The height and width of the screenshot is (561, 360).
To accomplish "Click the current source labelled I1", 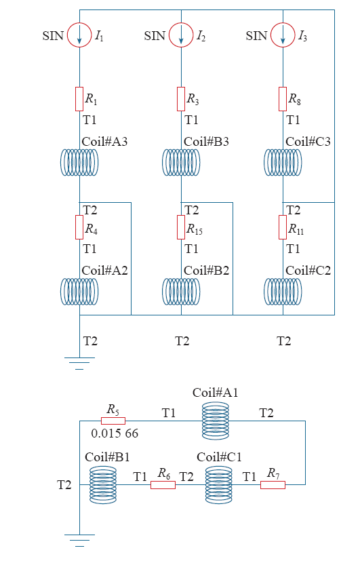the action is [x=79, y=35].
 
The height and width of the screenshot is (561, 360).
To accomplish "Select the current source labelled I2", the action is [x=181, y=35].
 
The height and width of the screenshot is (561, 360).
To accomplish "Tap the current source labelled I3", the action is [x=283, y=35].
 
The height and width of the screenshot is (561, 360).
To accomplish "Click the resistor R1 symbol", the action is [x=79, y=99].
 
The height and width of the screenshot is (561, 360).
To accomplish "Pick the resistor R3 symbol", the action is [x=181, y=99].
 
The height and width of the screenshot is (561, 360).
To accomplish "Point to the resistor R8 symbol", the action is [x=283, y=99].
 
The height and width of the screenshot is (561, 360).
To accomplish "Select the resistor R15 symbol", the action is [x=181, y=227].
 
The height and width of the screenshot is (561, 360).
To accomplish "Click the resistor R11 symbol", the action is [x=283, y=227].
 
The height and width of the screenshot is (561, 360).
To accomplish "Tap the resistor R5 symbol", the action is [x=113, y=421].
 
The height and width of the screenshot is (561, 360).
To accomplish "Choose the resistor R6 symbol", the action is [x=163, y=485].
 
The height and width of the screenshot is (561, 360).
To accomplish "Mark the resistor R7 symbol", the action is [x=273, y=485].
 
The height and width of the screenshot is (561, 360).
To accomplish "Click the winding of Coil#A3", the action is [x=79, y=163].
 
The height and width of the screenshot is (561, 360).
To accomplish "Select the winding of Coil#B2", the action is [x=181, y=292].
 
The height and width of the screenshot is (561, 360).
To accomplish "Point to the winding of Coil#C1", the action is [x=218, y=485].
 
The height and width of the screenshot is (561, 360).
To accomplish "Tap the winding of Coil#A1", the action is [x=215, y=421].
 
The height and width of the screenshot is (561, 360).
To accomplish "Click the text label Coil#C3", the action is [x=308, y=142].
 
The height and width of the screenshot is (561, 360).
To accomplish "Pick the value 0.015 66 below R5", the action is [x=115, y=433].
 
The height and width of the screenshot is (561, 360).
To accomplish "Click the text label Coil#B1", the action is [x=107, y=457].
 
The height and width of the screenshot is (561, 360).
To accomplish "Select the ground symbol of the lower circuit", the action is [x=79, y=540].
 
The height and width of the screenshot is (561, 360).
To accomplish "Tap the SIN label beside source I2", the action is [x=155, y=36].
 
